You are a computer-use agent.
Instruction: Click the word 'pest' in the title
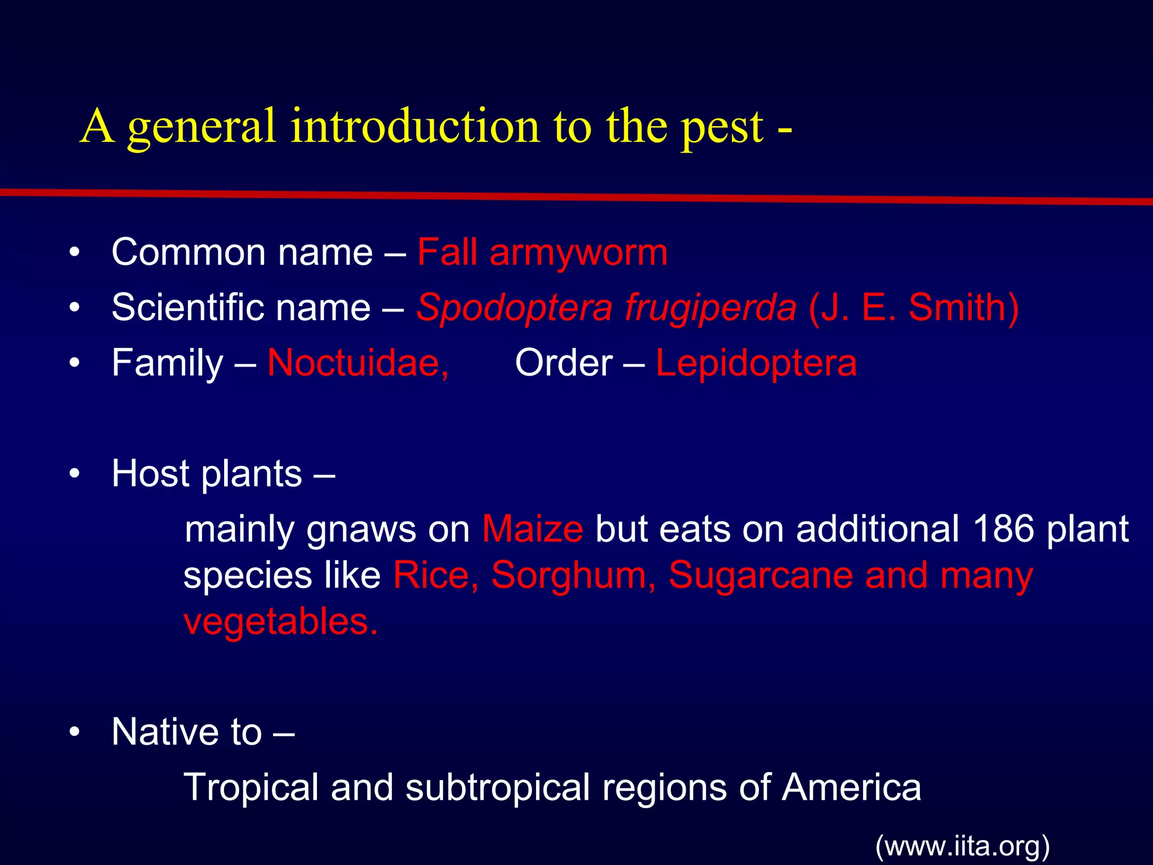click(x=722, y=128)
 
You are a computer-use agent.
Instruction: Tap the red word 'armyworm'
click(x=578, y=253)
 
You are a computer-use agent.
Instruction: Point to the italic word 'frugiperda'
click(x=710, y=309)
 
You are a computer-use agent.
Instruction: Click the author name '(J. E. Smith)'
click(x=913, y=308)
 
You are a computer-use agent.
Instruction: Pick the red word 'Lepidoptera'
click(x=756, y=364)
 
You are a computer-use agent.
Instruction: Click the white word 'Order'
click(x=564, y=363)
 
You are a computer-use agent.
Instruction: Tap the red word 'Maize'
click(x=533, y=529)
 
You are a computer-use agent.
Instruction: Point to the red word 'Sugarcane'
click(x=761, y=575)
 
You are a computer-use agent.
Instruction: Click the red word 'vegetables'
click(x=280, y=622)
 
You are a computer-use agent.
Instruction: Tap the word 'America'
click(x=851, y=787)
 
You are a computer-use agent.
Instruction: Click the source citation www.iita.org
click(x=963, y=846)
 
